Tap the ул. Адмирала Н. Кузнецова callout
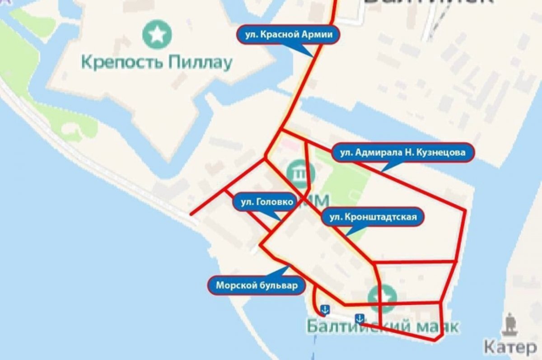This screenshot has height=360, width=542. tap(402, 153)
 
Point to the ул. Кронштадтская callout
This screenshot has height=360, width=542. tap(372, 217)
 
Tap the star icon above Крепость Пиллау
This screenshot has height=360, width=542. tap(156, 34)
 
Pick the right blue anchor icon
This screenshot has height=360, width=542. tap(360, 319)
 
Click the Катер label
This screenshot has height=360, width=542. tap(510, 347)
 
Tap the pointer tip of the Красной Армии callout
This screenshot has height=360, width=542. tap(313, 56)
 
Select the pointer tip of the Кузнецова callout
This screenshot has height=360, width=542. tap(382, 171)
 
